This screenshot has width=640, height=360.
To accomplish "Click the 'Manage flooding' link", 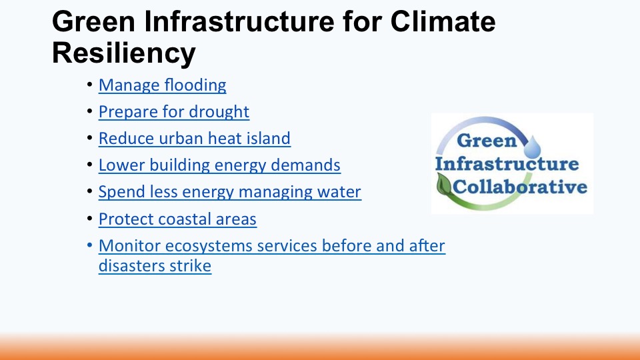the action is click(163, 85).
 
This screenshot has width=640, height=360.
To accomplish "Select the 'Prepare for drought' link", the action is click(174, 112).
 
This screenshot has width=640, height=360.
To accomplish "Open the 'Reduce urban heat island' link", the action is click(195, 139).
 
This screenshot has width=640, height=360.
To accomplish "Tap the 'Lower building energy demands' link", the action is click(219, 165).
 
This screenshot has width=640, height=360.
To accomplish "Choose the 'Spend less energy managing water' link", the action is click(230, 192).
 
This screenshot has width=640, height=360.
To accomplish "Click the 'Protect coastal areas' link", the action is click(177, 219).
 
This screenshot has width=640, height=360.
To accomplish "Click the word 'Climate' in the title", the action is click(443, 21).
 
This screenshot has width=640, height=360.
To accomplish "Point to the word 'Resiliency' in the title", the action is click(124, 53).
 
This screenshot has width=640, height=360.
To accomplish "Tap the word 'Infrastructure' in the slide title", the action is click(239, 21).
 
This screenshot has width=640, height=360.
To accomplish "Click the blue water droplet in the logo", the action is click(532, 147).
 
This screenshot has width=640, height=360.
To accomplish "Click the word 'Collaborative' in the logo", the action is click(520, 187).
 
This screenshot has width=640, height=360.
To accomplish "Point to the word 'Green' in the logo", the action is click(487, 141).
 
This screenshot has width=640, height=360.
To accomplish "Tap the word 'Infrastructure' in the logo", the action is click(507, 164).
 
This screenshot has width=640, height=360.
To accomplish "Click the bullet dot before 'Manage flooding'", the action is click(90, 85).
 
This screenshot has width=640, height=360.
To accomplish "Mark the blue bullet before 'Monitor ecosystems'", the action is click(90, 245).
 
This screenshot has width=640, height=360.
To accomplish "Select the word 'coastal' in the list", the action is click(184, 219).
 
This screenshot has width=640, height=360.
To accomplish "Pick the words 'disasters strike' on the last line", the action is click(155, 266).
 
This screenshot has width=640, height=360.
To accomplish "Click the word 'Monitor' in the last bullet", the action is click(129, 246).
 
